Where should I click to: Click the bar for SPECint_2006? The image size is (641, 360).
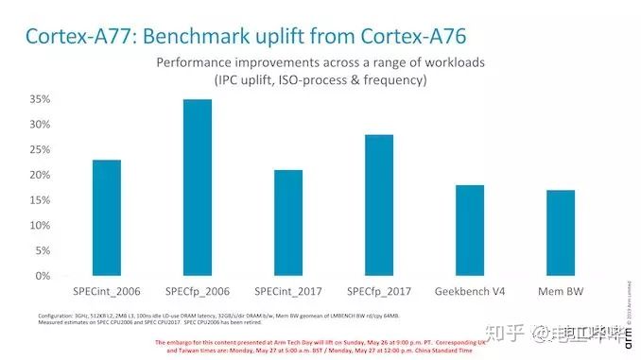(107, 218)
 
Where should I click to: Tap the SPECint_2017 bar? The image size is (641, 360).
(288, 223)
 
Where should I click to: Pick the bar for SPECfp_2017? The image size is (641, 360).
(378, 205)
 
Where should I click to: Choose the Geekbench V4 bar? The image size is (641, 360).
(469, 231)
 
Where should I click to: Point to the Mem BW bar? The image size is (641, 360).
(560, 233)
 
